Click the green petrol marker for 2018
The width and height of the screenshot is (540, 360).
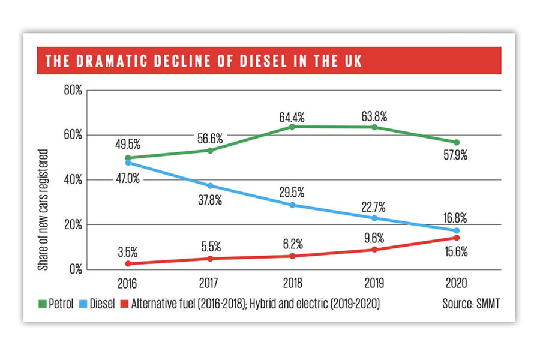pyautogui.click(x=292, y=127)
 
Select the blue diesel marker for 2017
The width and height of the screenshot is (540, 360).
pyautogui.click(x=209, y=185)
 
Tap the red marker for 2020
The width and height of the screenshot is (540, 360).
pyautogui.click(x=457, y=238)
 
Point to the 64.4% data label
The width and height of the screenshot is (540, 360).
pyautogui.click(x=292, y=113)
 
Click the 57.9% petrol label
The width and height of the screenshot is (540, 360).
pyautogui.click(x=455, y=157)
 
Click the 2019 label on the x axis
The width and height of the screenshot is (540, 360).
pyautogui.click(x=374, y=283)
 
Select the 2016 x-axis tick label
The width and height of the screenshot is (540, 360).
pyautogui.click(x=127, y=283)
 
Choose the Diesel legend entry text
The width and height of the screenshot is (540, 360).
pyautogui.click(x=102, y=304)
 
